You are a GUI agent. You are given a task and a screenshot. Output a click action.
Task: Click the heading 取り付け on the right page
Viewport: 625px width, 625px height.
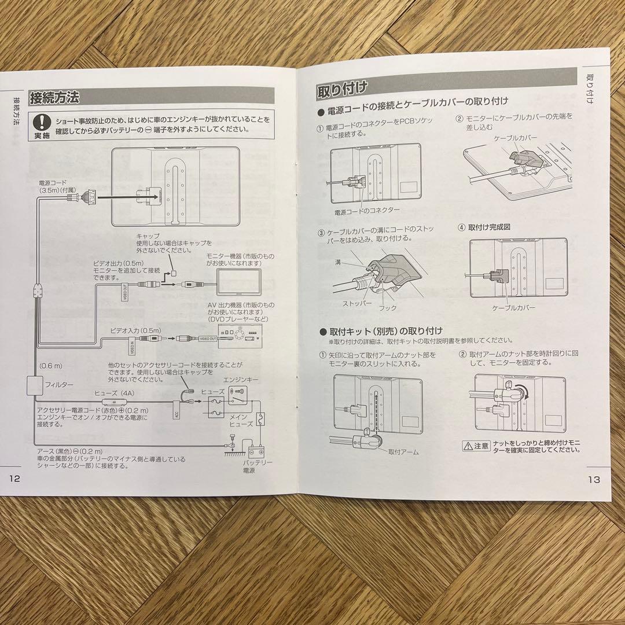[x=341, y=90]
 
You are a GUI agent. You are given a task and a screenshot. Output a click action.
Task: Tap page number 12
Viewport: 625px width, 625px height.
[x=14, y=479]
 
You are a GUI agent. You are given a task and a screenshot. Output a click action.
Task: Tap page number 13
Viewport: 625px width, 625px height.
[x=593, y=479]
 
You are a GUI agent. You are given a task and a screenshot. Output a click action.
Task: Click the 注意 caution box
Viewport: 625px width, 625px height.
[x=476, y=446]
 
